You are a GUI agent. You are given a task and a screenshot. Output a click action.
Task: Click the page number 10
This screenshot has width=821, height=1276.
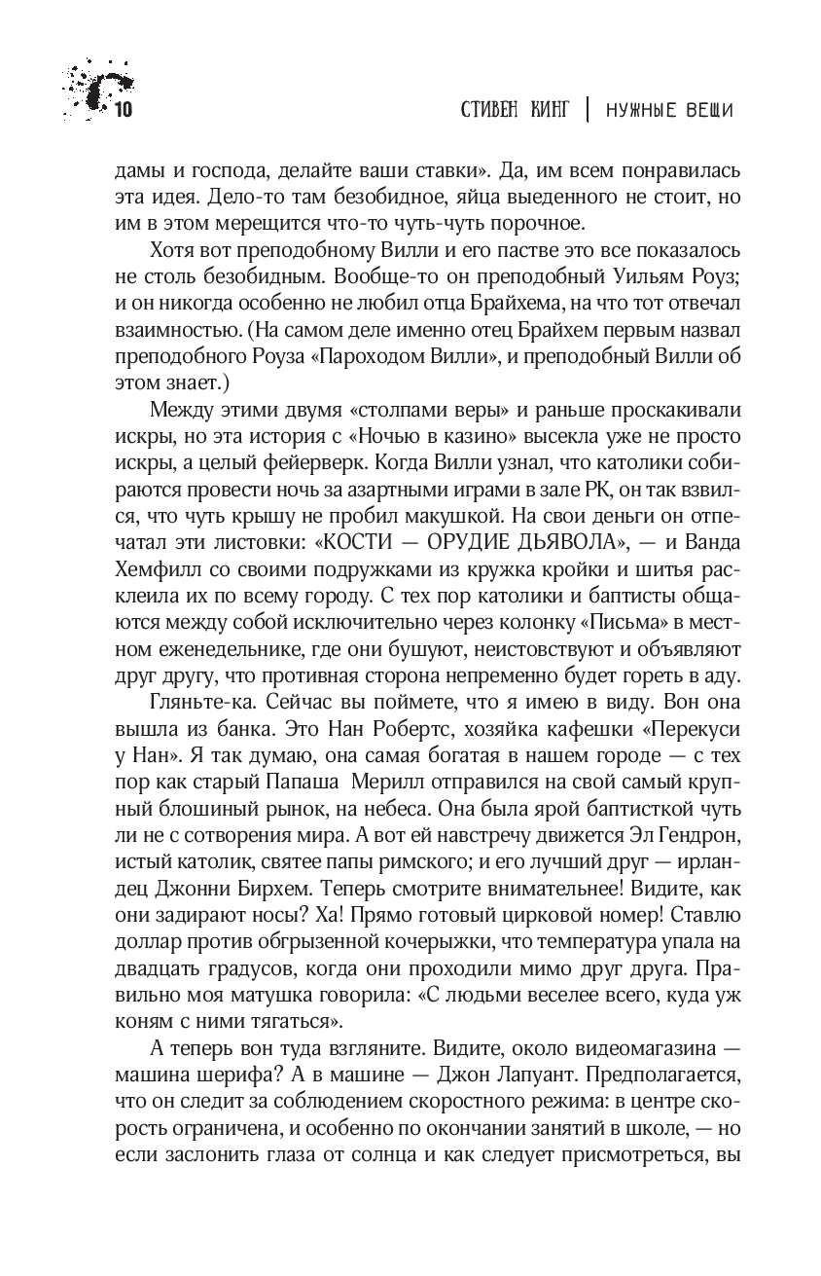(123, 110)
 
